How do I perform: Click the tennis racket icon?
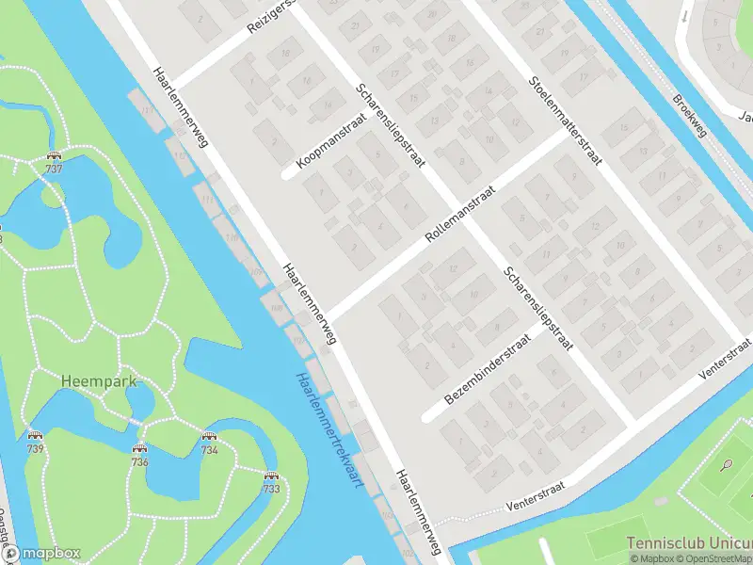click(727, 464)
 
